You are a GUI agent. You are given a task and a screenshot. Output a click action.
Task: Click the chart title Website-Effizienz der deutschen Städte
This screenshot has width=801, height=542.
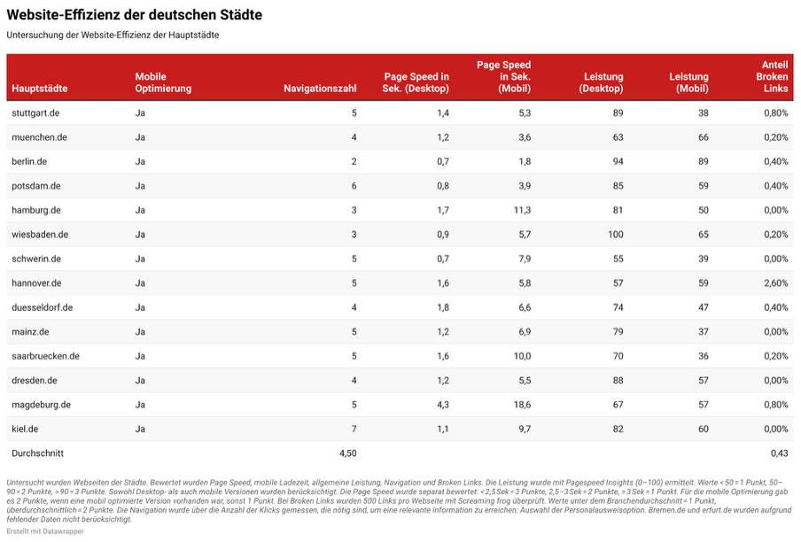[135, 15]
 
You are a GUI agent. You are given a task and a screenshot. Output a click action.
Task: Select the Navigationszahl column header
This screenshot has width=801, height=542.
[320, 89]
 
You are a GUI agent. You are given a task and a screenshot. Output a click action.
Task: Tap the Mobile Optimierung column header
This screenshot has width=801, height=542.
[163, 82]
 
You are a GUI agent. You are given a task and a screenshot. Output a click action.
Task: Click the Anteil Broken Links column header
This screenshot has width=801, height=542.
[772, 76]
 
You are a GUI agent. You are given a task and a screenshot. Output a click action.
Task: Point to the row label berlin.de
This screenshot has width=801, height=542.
[29, 162]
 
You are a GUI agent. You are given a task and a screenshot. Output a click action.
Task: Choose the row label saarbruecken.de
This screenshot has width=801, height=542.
[45, 356]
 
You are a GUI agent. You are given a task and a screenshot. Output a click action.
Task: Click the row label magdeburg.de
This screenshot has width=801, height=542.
[42, 405]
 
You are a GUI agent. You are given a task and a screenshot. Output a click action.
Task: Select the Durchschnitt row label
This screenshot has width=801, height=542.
[38, 453]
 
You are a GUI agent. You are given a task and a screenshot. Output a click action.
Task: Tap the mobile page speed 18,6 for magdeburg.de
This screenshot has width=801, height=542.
[522, 405]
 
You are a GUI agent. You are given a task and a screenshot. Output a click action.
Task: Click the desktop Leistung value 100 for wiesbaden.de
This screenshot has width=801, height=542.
[615, 235]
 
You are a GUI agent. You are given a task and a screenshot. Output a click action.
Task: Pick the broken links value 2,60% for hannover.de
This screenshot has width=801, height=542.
[776, 283]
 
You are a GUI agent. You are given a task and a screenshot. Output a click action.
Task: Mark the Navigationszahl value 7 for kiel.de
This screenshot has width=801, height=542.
[354, 430]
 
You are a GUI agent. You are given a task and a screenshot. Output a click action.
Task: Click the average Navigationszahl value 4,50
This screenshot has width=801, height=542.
[348, 453]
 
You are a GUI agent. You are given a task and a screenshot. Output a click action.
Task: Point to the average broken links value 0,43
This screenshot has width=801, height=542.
[780, 453]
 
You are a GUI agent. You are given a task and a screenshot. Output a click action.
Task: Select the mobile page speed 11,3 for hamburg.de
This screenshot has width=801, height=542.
[522, 210]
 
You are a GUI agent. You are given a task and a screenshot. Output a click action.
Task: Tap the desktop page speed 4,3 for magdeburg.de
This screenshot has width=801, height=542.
[443, 405]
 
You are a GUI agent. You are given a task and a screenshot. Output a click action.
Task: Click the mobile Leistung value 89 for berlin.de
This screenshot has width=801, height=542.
[703, 162]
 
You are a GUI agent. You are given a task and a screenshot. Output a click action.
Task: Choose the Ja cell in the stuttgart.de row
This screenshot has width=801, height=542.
[140, 113]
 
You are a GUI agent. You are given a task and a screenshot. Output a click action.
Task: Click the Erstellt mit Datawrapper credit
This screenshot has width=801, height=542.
[45, 531]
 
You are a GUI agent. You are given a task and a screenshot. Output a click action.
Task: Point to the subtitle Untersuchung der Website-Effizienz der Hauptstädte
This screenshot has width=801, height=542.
[113, 35]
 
